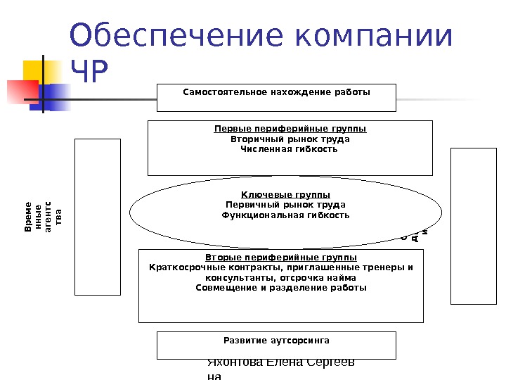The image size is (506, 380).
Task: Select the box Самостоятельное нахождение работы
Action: [x=276, y=98]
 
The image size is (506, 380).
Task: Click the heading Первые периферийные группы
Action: [x=290, y=129]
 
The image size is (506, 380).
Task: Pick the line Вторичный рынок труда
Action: [x=290, y=139]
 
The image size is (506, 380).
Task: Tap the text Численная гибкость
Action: [x=290, y=148]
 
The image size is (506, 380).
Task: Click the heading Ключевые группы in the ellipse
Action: [x=285, y=194]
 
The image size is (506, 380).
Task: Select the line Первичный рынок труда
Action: [x=285, y=205]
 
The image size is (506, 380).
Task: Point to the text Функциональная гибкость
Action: [x=285, y=215]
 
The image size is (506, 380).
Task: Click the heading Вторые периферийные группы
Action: [x=281, y=258]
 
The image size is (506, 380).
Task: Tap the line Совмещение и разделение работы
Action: [x=281, y=288]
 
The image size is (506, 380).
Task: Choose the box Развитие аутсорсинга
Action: [x=276, y=345]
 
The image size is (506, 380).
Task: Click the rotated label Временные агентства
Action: [x=44, y=217]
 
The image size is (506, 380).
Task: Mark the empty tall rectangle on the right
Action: [x=473, y=226]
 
